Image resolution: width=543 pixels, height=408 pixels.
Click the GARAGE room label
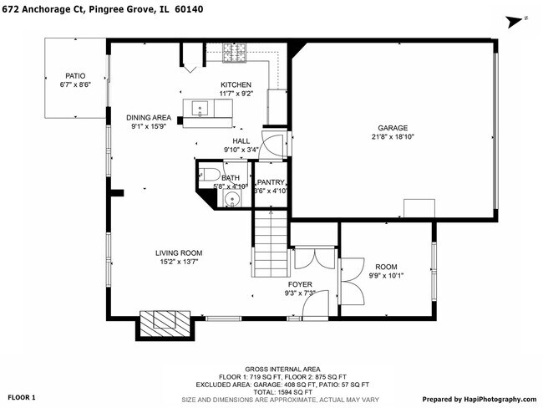(392, 128)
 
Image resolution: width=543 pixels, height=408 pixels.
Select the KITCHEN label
(236, 85)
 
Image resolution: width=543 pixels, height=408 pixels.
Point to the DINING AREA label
(149, 117)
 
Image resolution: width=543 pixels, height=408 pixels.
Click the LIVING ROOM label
(179, 253)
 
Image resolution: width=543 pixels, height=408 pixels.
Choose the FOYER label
(300, 284)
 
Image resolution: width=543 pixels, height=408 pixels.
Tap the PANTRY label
(271, 182)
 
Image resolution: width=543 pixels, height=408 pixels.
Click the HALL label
(241, 141)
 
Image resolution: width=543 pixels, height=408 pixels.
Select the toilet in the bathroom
(210, 175)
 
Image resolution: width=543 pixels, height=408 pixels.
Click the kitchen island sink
(200, 108)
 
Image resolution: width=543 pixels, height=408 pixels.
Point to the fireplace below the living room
(155, 324)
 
